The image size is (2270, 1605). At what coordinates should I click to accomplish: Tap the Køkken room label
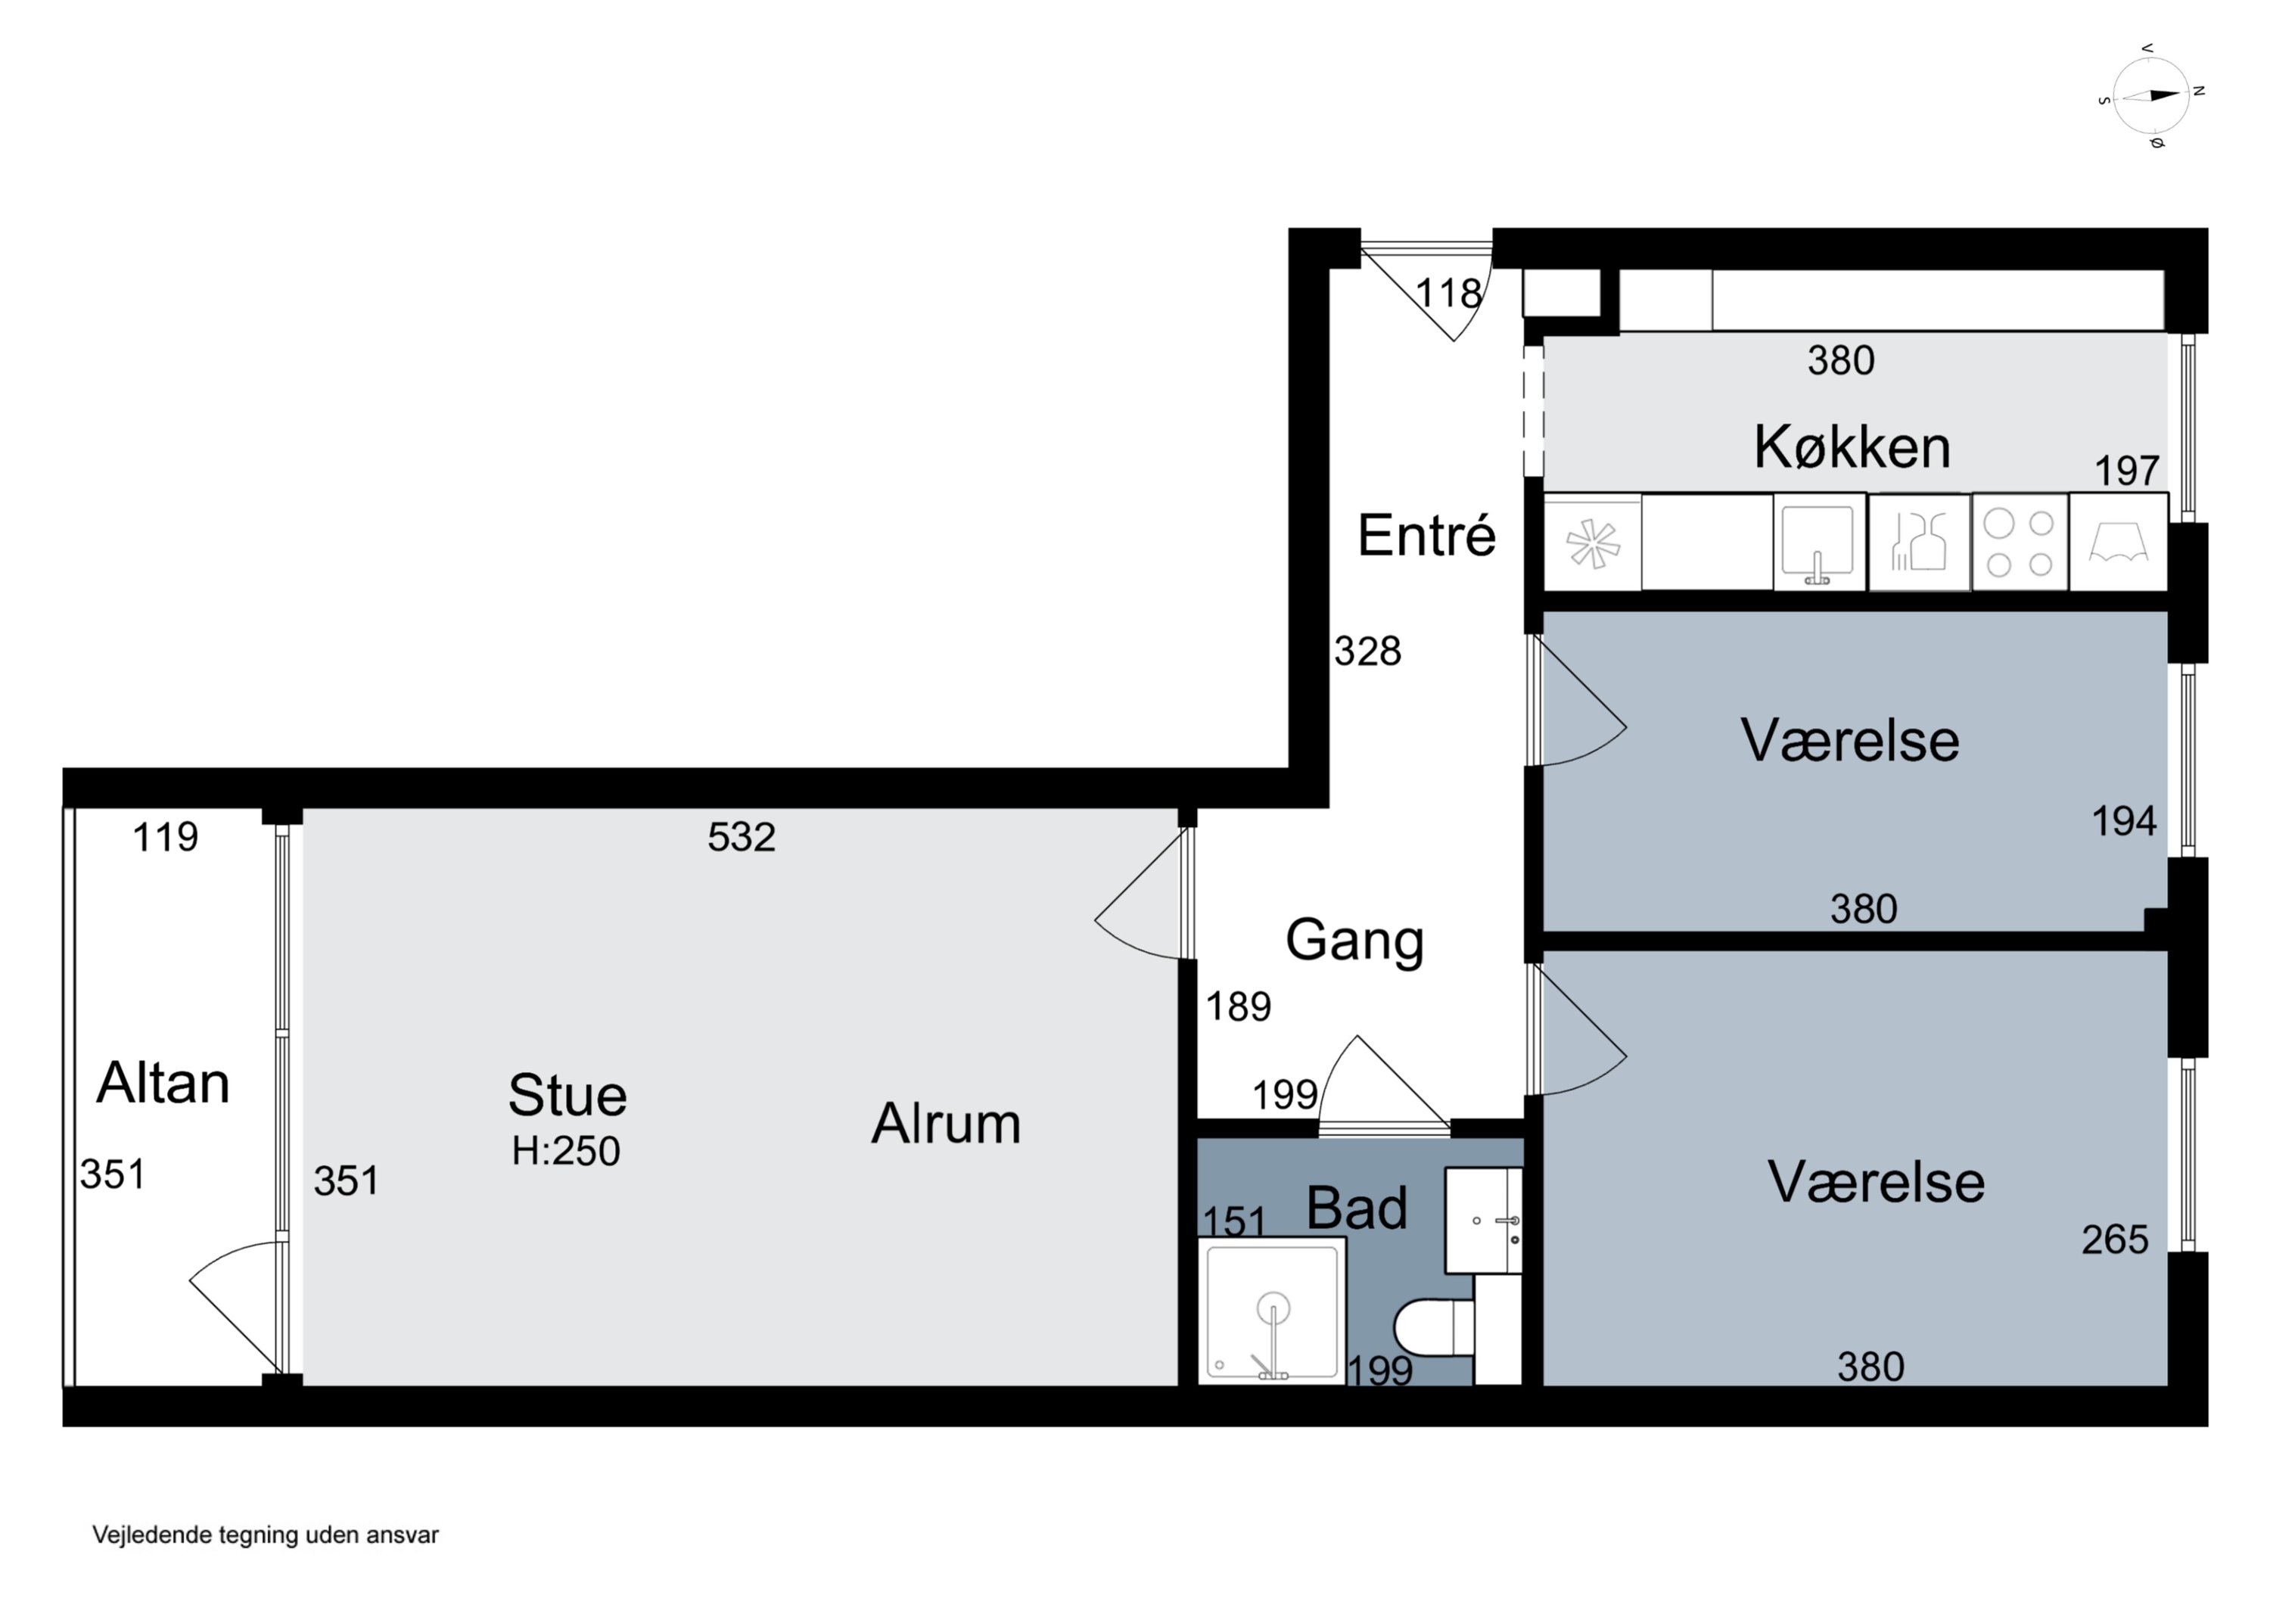pyautogui.click(x=1852, y=447)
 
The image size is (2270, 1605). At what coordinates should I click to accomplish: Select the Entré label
pyautogui.click(x=1426, y=535)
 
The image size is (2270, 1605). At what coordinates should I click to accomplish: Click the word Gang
pyautogui.click(x=1354, y=941)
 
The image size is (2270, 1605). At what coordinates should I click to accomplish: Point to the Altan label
pyautogui.click(x=163, y=1082)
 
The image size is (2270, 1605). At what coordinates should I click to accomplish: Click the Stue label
pyautogui.click(x=567, y=1095)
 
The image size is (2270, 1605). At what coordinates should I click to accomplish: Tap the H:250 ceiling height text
pyautogui.click(x=565, y=1151)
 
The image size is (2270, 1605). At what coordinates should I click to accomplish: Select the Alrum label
pyautogui.click(x=945, y=1124)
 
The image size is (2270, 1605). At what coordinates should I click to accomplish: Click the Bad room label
pyautogui.click(x=1357, y=1208)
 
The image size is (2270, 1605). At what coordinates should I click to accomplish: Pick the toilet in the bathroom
pyautogui.click(x=1434, y=1327)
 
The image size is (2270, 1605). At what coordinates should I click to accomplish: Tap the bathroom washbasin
pyautogui.click(x=1483, y=1221)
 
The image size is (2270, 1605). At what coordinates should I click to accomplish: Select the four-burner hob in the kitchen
pyautogui.click(x=2020, y=543)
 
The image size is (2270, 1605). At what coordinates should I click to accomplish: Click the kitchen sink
pyautogui.click(x=1818, y=543)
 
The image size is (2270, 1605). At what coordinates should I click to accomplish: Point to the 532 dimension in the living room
pyautogui.click(x=742, y=838)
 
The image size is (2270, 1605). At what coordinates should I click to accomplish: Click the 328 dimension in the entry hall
pyautogui.click(x=1367, y=652)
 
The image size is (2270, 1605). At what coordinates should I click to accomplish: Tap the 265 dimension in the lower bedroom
pyautogui.click(x=2115, y=1240)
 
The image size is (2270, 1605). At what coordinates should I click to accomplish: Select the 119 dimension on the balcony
pyautogui.click(x=165, y=838)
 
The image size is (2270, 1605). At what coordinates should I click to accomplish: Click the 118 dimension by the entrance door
pyautogui.click(x=1448, y=293)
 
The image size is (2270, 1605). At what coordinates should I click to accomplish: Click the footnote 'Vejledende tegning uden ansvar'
pyautogui.click(x=265, y=1535)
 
